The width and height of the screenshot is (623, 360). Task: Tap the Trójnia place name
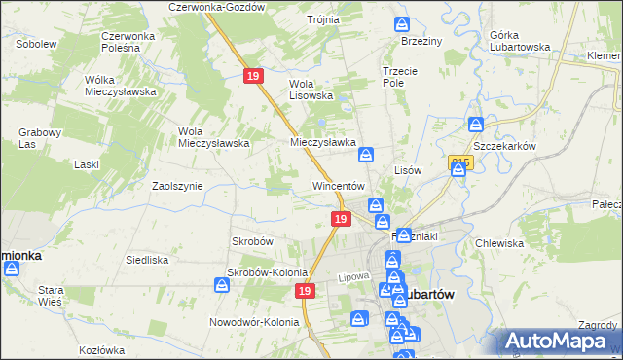point(322,19)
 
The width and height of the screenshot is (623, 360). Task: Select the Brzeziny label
point(421,42)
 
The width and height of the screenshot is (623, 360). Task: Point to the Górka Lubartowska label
point(516,41)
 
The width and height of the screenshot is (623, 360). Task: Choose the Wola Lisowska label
point(311,90)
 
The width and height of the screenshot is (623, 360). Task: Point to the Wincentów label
point(338,185)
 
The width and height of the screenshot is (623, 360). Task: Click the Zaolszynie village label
point(177,185)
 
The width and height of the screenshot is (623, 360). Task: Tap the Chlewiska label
point(500,243)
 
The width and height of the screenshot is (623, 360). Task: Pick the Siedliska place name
point(147,260)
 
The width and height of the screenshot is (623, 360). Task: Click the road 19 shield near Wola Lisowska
point(253,75)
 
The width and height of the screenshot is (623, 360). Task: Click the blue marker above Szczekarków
point(476,125)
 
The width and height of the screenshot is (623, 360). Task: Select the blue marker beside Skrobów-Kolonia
point(221,284)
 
